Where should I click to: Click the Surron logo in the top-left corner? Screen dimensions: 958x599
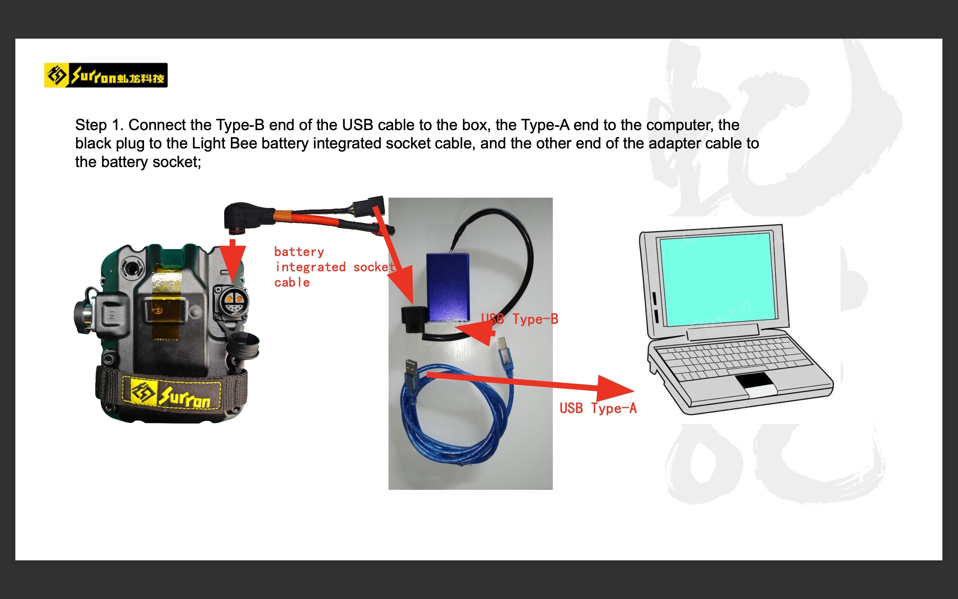tap(106, 75)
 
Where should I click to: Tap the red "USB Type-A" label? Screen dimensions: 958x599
tap(598, 408)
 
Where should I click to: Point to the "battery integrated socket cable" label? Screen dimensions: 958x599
tap(335, 267)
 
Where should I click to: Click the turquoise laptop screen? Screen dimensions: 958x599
tap(718, 279)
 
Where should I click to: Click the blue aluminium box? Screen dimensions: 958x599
tap(448, 287)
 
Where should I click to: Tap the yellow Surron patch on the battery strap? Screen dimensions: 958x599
tap(171, 393)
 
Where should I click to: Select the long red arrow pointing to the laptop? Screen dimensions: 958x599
tap(531, 382)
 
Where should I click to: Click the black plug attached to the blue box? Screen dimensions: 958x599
tap(414, 318)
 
